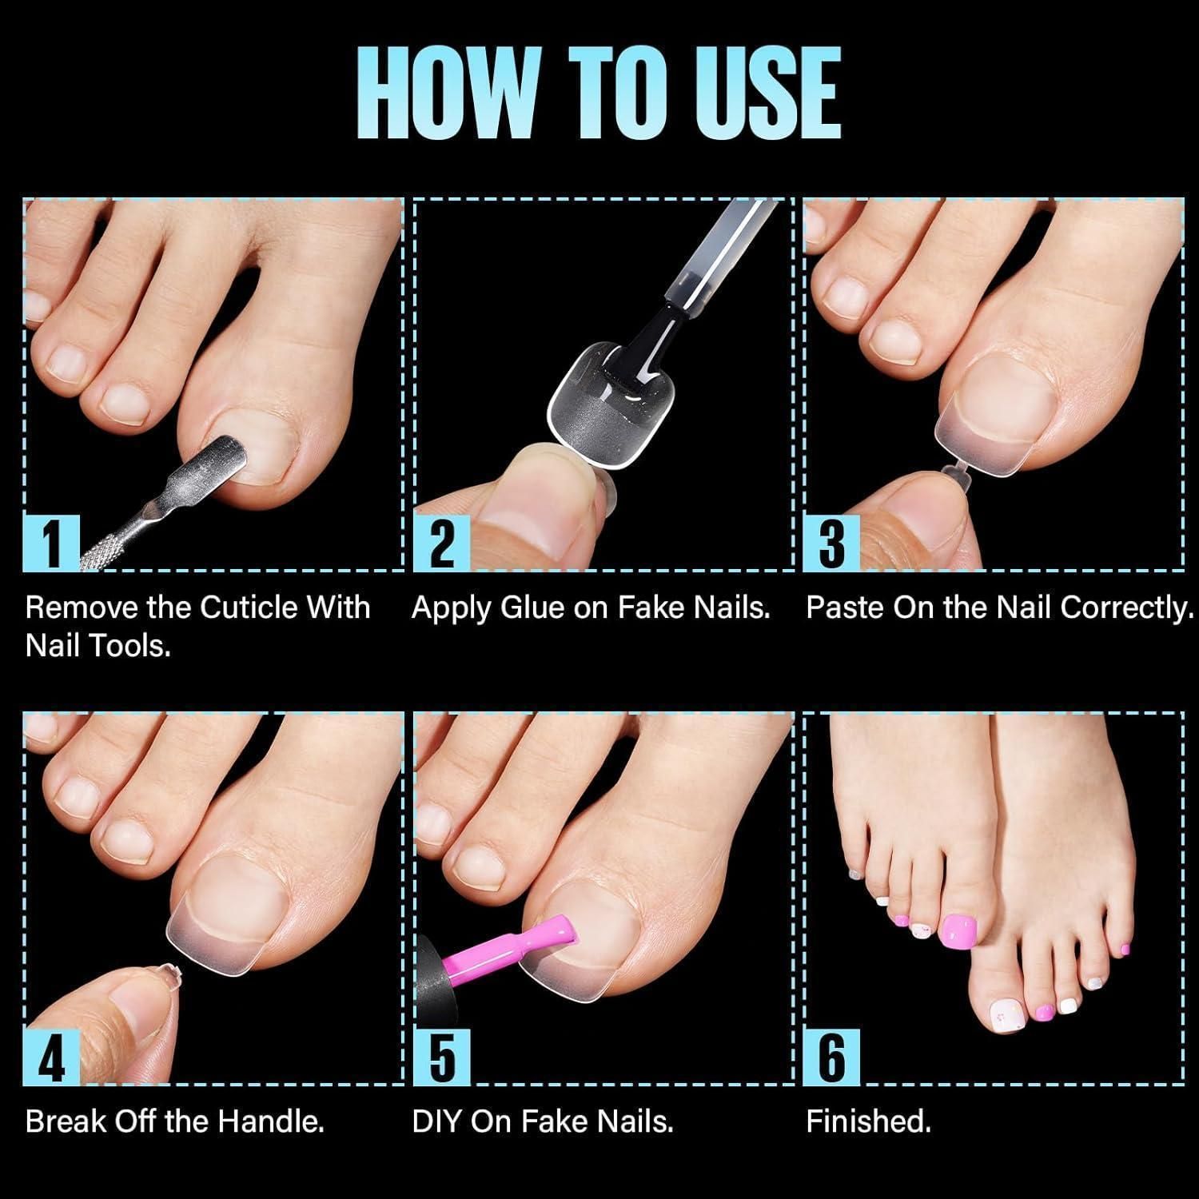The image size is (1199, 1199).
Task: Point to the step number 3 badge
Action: tap(832, 542)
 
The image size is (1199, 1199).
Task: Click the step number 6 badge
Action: tap(832, 1056)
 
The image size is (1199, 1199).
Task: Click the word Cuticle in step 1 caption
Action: tap(249, 607)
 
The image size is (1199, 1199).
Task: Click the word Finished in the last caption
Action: tap(869, 1121)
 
